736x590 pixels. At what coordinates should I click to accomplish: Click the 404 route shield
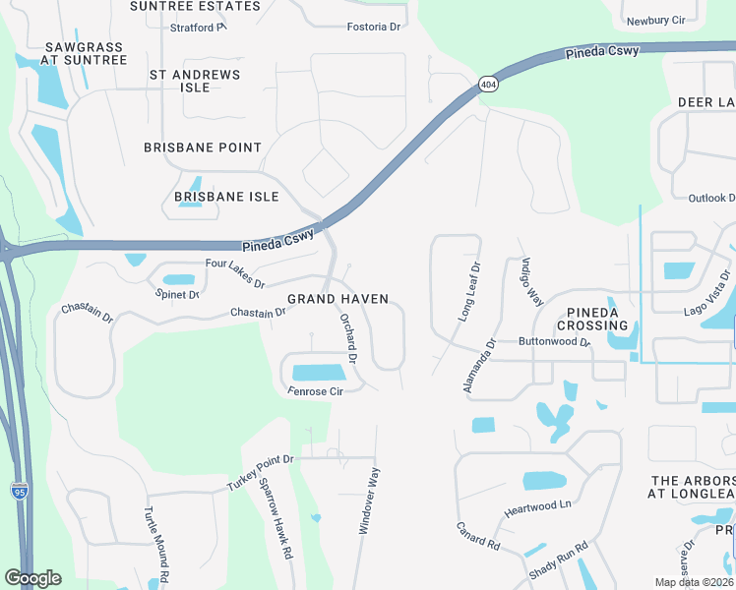tap(487, 85)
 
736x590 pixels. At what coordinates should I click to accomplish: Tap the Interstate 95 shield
tap(20, 489)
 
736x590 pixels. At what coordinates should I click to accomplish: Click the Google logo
tap(32, 577)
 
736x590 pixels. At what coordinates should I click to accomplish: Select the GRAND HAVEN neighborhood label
tap(337, 299)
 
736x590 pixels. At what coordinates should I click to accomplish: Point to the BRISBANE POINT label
tap(203, 147)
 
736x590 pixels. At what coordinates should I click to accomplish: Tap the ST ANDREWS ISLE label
tap(194, 81)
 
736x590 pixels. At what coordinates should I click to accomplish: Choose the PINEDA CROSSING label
tap(592, 319)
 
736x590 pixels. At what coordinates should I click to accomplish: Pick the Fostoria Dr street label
tap(374, 27)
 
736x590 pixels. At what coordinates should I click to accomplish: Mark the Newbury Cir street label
tap(655, 20)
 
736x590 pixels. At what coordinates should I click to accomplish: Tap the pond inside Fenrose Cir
tap(319, 373)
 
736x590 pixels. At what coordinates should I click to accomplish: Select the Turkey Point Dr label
tap(261, 473)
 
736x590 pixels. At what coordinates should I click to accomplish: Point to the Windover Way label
tap(371, 501)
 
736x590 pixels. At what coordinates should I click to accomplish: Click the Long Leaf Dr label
tap(468, 291)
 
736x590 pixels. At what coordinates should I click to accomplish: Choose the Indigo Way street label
tap(531, 281)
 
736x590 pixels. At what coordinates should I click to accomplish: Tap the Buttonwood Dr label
tap(553, 343)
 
